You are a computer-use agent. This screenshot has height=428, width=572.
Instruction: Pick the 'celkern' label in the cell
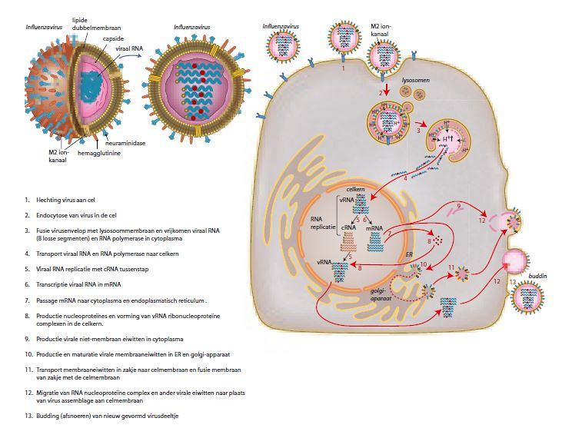[354, 189]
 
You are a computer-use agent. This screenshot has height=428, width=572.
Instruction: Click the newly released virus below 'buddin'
[530, 299]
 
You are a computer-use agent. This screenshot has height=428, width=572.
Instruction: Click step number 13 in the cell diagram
[513, 283]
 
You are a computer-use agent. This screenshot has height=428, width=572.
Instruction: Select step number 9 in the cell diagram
[458, 207]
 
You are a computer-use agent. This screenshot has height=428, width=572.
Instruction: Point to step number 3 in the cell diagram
[418, 131]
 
